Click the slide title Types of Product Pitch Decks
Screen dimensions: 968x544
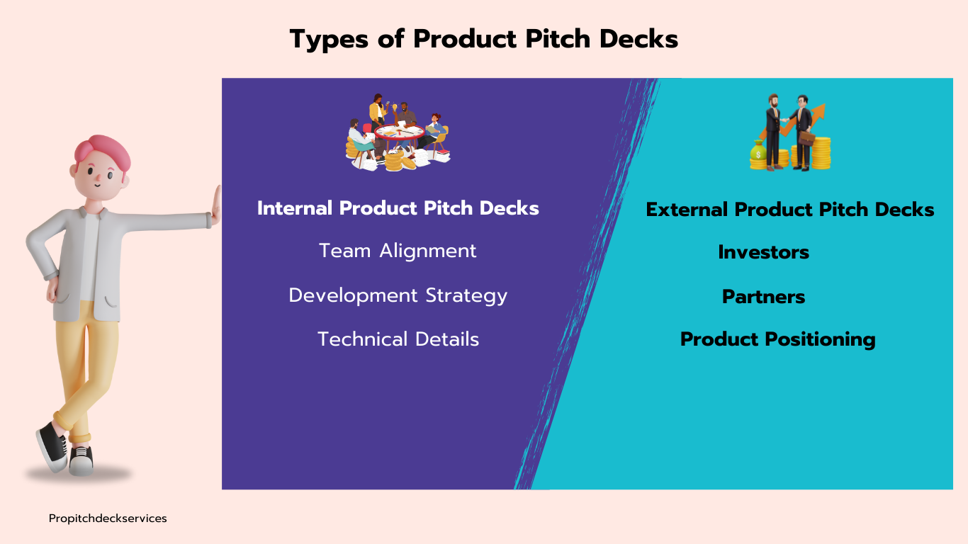[x=483, y=39]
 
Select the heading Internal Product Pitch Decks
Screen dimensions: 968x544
[x=398, y=208]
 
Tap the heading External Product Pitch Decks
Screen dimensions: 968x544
[x=790, y=210]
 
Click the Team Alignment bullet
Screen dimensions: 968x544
[x=398, y=251]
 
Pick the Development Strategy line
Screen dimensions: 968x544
[x=398, y=296]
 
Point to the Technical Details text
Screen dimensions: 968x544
[x=398, y=339]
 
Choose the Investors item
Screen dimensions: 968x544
[x=764, y=252]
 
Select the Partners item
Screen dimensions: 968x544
[x=764, y=297]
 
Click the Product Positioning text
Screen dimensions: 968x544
[x=778, y=339]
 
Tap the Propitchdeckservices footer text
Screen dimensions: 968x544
[x=108, y=518]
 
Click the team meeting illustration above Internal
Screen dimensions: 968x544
[x=398, y=132]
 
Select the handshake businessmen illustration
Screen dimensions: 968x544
[x=790, y=132]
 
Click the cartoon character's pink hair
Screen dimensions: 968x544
[x=103, y=154]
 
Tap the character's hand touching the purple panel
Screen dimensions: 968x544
[x=216, y=205]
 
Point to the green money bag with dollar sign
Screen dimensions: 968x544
[x=758, y=152]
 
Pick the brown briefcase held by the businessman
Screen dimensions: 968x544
[x=806, y=138]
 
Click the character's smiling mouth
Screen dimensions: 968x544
[x=97, y=186]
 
